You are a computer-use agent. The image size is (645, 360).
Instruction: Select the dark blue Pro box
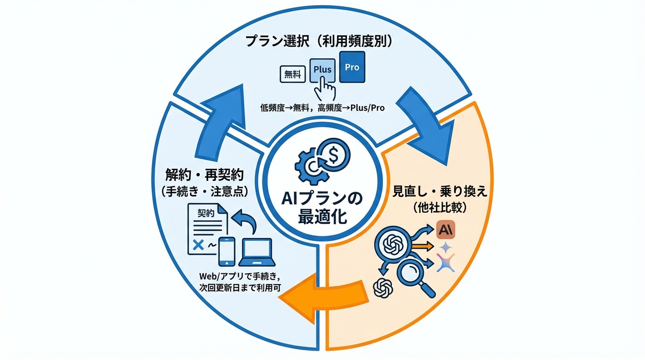coord(352,67)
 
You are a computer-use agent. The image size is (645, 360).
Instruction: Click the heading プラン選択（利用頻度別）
coord(319,41)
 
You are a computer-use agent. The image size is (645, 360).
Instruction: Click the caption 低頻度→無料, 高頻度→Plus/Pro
coord(322,108)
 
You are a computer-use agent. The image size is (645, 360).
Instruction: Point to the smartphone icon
coord(227,251)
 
